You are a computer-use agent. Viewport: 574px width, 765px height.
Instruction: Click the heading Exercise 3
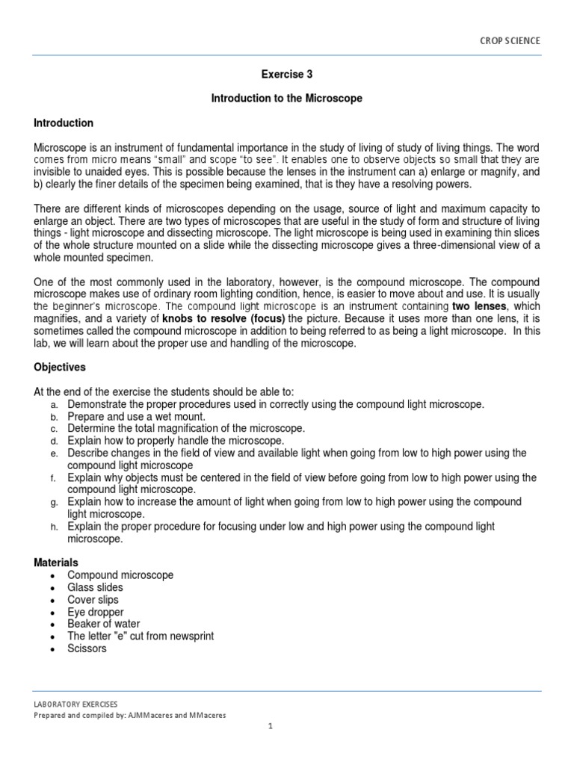(x=286, y=74)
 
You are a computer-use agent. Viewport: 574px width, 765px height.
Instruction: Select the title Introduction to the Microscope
(x=286, y=99)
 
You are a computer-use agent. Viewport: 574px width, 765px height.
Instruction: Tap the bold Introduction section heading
(x=64, y=123)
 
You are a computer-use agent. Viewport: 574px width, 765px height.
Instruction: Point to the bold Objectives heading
(x=61, y=368)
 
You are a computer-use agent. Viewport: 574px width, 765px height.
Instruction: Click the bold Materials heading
(x=56, y=562)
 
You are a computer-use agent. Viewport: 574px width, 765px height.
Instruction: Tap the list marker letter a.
(x=54, y=404)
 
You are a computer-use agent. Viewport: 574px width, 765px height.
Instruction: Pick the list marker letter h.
(x=54, y=527)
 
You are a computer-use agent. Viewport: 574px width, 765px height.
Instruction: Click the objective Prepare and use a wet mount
(x=136, y=416)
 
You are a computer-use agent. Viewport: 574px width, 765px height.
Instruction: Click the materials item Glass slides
(x=95, y=587)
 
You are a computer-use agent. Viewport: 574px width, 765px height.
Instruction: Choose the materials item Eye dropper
(x=95, y=612)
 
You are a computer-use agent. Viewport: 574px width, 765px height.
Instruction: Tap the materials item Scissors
(x=87, y=648)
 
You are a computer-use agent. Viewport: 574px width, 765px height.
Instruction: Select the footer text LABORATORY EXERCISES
(x=75, y=704)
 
